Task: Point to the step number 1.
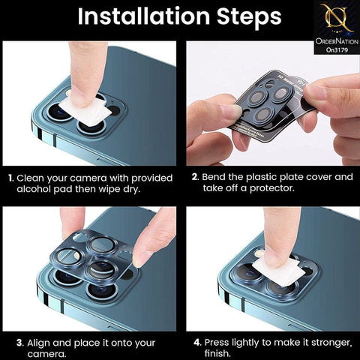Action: pos(10,178)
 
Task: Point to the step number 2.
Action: pos(193,178)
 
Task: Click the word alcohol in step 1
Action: pos(35,190)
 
